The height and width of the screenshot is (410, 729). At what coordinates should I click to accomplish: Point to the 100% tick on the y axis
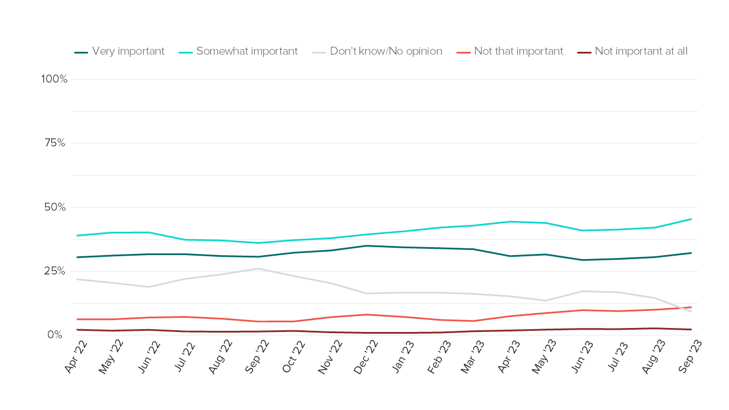pyautogui.click(x=54, y=79)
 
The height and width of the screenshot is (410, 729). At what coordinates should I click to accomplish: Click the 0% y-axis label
pyautogui.click(x=55, y=335)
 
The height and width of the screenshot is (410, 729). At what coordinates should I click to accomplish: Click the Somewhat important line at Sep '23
pyautogui.click(x=691, y=219)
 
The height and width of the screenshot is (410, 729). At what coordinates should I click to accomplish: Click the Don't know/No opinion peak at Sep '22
pyautogui.click(x=259, y=268)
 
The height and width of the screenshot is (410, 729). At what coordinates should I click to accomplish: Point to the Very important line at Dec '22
pyautogui.click(x=367, y=245)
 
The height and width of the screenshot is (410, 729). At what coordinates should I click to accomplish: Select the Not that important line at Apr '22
pyautogui.click(x=77, y=319)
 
